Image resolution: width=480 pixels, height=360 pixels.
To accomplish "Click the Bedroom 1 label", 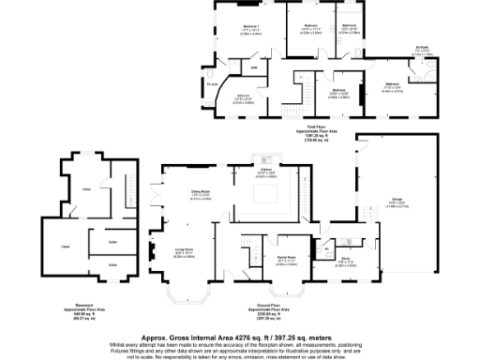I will (x=251, y=26).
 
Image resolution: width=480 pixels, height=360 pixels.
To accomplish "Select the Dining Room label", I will (x=200, y=191).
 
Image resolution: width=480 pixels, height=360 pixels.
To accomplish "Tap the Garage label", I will (x=384, y=199).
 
